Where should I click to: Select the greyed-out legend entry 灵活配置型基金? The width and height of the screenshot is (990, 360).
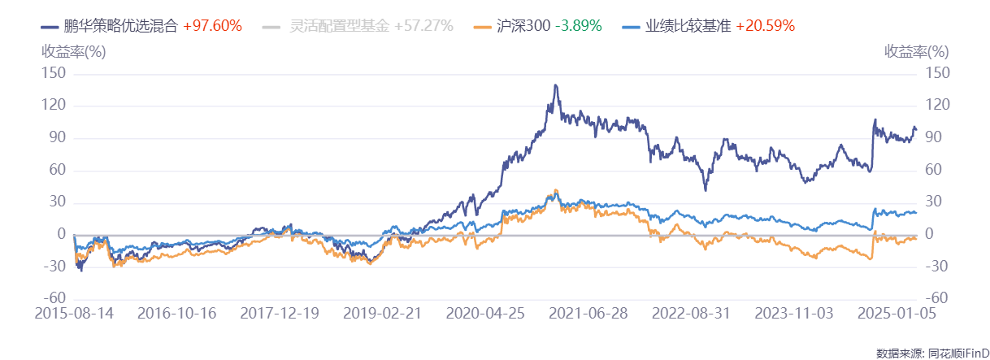341,26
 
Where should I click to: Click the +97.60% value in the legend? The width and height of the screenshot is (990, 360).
213,26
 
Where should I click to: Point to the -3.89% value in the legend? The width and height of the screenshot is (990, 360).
579,26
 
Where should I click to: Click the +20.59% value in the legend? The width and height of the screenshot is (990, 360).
766,26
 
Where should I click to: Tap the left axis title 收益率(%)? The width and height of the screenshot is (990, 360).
74,51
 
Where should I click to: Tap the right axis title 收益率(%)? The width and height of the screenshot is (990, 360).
916,51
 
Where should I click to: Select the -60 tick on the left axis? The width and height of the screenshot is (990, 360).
55,299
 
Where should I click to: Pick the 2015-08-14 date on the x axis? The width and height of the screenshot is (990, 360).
74,313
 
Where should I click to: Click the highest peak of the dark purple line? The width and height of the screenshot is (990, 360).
555,85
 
